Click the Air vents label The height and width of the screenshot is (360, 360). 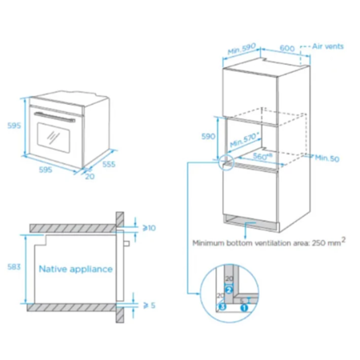(328, 46)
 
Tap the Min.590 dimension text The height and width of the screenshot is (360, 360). (242, 49)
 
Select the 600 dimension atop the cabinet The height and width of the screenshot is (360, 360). (287, 48)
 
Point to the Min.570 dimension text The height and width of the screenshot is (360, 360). (245, 139)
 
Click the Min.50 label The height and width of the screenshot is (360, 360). (327, 158)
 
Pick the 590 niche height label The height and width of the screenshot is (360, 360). (208, 136)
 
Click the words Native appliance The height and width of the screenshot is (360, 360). (76, 269)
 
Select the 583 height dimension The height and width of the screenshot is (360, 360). (14, 266)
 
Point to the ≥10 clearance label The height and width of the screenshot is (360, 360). (149, 228)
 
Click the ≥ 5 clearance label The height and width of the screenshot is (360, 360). (150, 306)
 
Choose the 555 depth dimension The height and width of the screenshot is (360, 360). (109, 164)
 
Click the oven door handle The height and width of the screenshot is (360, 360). (54, 117)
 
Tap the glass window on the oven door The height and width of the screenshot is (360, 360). (54, 138)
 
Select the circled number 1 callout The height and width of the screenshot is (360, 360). (244, 308)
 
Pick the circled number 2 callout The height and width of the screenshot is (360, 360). (229, 290)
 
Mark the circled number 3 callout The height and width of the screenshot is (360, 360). (222, 306)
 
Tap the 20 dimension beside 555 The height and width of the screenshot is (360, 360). (90, 176)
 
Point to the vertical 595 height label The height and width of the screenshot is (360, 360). (14, 126)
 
